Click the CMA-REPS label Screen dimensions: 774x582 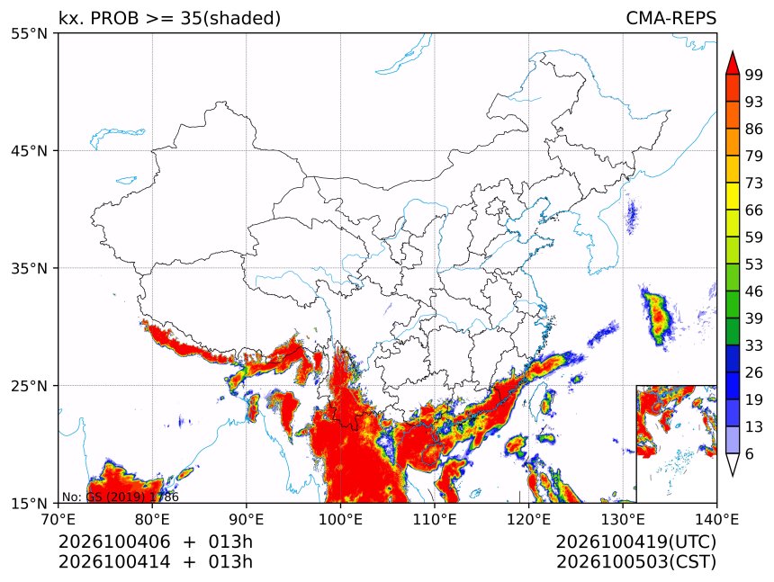click(x=670, y=18)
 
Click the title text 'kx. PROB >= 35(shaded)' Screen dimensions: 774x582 click(x=169, y=18)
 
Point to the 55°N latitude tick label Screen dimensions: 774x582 click(x=29, y=34)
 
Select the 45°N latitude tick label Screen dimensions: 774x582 click(x=29, y=150)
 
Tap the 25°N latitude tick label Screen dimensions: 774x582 click(x=29, y=385)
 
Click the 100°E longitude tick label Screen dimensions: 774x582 click(x=340, y=519)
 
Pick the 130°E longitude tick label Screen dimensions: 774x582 click(x=623, y=519)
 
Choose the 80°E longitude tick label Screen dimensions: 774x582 click(x=152, y=519)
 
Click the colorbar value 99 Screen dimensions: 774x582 click(x=754, y=75)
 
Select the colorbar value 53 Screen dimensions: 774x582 click(x=754, y=264)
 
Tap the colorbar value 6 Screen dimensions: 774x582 click(x=750, y=453)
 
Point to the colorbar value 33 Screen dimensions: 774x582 click(x=754, y=345)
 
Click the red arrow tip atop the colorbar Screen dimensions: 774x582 click(x=733, y=51)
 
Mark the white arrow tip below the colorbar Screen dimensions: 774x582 click(x=733, y=476)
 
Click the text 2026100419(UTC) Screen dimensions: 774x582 click(x=635, y=542)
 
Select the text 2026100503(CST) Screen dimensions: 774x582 click(x=635, y=562)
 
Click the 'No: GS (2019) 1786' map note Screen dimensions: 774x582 click(x=120, y=497)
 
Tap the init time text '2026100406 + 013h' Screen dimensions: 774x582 click(x=156, y=542)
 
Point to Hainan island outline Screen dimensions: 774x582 click(x=432, y=455)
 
